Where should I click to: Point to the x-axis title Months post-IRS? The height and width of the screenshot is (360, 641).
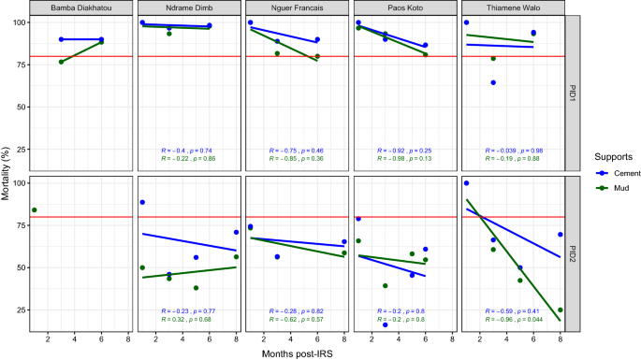pyautogui.click(x=294, y=353)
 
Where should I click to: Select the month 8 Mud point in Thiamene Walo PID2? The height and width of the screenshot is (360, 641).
pyautogui.click(x=560, y=310)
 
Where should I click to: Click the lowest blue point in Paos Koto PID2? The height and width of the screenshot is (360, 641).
pyautogui.click(x=386, y=324)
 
